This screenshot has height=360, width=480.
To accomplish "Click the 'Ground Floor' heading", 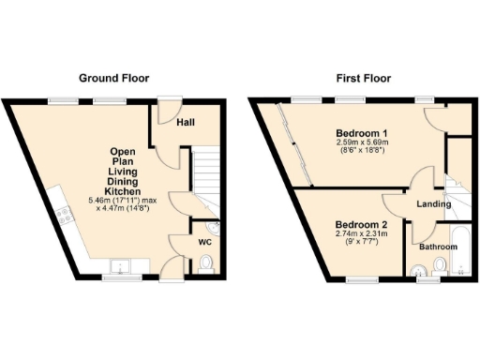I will (x=113, y=78).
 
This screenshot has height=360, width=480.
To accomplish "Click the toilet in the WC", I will (x=206, y=266).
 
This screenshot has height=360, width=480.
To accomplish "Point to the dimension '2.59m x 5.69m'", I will (x=362, y=142).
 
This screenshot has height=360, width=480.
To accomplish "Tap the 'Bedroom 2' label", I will (x=360, y=226).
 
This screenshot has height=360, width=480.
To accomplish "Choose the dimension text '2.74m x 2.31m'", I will (x=360, y=236).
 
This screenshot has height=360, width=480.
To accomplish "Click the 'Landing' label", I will (x=434, y=204).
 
